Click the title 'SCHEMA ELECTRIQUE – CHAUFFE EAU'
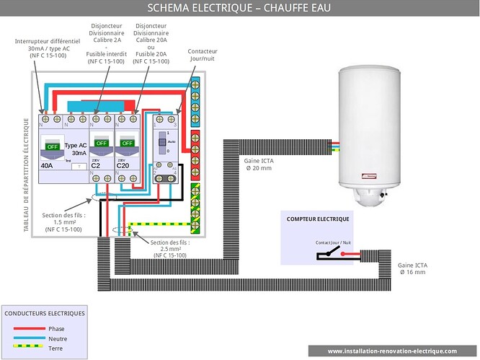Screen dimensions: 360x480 pyautogui.click(x=239, y=9)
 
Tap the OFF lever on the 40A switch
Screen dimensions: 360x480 pyautogui.click(x=53, y=146)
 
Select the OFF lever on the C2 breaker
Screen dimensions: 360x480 pyautogui.click(x=102, y=144)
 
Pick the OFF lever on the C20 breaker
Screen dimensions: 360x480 pyautogui.click(x=127, y=144)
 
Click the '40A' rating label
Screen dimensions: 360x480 pyautogui.click(x=48, y=165)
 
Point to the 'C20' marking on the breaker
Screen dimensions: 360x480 pyautogui.click(x=123, y=166)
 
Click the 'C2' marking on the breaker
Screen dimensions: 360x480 pyautogui.click(x=96, y=166)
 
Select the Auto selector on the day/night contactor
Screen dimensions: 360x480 pyautogui.click(x=162, y=143)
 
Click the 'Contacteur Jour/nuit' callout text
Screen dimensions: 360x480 pyautogui.click(x=203, y=55)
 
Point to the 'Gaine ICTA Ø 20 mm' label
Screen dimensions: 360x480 pyautogui.click(x=258, y=164)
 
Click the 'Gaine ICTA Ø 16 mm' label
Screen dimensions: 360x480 pyautogui.click(x=412, y=268)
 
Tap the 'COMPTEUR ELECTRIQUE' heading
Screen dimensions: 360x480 pyautogui.click(x=318, y=219)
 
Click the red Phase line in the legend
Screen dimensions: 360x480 pyautogui.click(x=30, y=328)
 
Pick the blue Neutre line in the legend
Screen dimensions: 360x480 pyautogui.click(x=30, y=338)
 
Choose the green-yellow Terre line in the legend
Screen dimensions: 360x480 pyautogui.click(x=30, y=348)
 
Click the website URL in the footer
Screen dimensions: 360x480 pyautogui.click(x=392, y=351)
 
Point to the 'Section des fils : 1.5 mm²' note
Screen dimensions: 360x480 pyautogui.click(x=64, y=222)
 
